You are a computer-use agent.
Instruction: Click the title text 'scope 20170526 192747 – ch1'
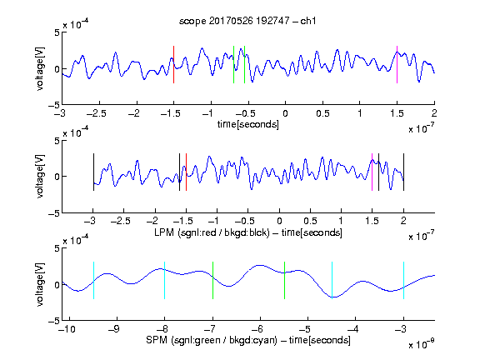click(x=247, y=21)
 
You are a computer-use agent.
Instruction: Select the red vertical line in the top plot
click(x=173, y=65)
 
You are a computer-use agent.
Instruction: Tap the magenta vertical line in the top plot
click(x=397, y=65)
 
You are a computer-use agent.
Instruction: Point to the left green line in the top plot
click(x=233, y=65)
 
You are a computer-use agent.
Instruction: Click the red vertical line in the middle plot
click(x=186, y=172)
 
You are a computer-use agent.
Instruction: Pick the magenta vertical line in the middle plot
click(x=372, y=172)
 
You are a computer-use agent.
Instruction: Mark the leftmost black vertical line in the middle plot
click(x=93, y=172)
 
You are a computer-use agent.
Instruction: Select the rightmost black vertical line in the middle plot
click(x=403, y=172)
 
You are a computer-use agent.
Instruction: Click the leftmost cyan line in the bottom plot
click(x=93, y=280)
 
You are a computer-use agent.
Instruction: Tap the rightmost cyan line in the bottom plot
click(x=403, y=280)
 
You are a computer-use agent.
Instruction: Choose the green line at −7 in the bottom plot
click(x=212, y=280)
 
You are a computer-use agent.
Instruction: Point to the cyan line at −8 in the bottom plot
click(x=165, y=280)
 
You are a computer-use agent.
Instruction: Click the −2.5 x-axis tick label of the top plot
click(x=96, y=113)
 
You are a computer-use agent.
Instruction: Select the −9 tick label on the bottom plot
click(x=114, y=329)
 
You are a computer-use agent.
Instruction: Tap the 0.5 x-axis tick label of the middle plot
click(x=310, y=221)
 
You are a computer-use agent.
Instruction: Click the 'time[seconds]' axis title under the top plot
click(x=248, y=124)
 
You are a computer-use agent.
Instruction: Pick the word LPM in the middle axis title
click(x=164, y=232)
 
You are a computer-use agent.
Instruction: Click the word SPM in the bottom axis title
click(x=157, y=340)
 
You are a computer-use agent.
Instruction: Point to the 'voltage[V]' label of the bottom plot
click(x=40, y=284)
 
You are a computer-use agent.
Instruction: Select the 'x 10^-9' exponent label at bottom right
click(x=422, y=344)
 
